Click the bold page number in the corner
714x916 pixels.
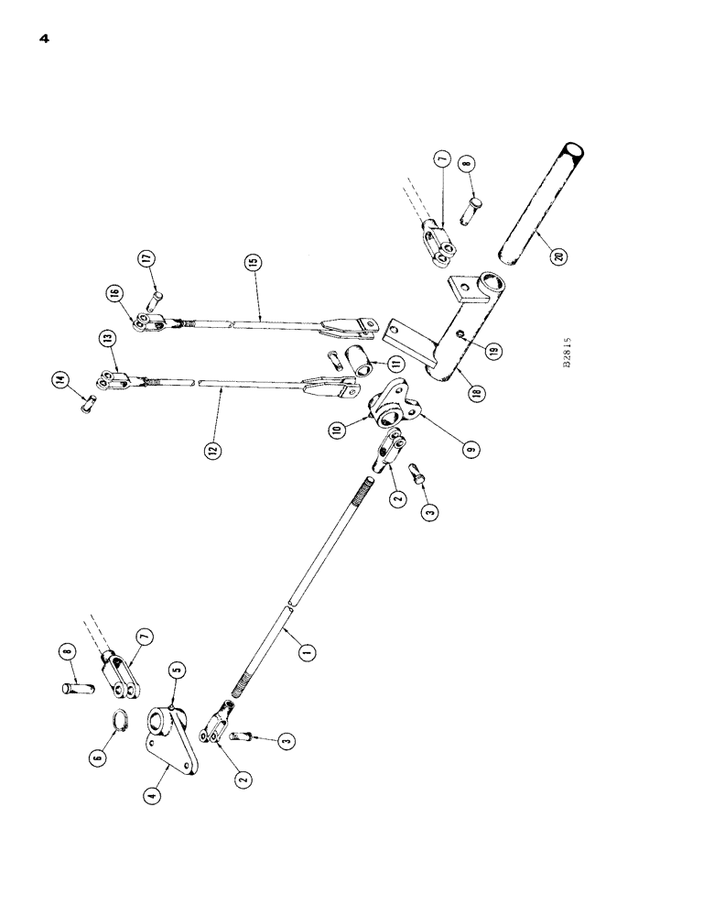coord(43,40)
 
